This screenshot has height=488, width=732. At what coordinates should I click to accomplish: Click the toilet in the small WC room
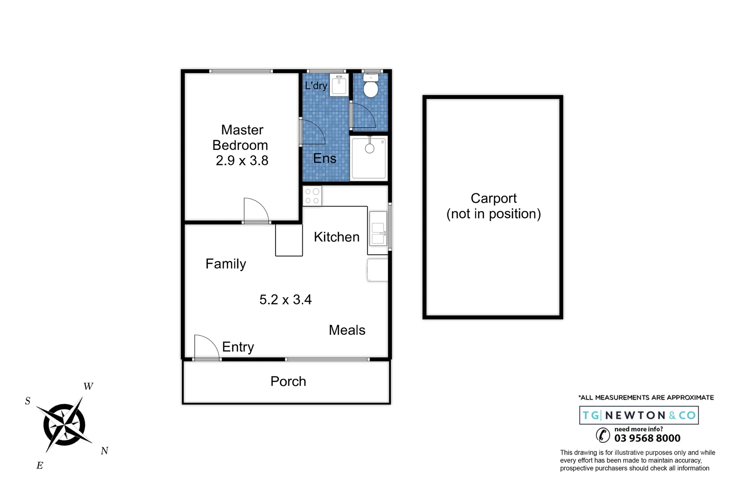pos(371,87)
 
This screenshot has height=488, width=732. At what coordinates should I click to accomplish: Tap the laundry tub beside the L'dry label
pos(339,85)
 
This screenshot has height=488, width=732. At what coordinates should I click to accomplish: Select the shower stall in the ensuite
pos(369,158)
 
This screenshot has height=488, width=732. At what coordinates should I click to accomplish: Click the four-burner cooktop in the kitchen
pos(312,196)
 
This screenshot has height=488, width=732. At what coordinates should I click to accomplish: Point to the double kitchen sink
pos(378,228)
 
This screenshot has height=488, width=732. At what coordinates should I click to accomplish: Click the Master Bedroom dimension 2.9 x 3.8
pos(242,160)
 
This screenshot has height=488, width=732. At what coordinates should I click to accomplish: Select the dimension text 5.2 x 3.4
pos(285,300)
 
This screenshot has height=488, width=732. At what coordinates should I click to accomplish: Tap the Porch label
pos(288,381)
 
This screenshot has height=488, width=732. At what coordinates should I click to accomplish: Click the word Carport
pos(493,198)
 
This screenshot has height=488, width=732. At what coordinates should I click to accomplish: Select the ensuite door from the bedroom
pos(312,132)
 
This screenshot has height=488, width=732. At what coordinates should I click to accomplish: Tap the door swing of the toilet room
pos(363,116)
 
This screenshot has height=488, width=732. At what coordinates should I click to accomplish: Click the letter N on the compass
pos(104,451)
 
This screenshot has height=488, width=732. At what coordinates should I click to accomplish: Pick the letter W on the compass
pos(88,386)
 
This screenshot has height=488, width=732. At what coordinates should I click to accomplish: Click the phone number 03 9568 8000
pos(647,438)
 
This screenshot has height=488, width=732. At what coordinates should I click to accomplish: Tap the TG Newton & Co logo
pos(638,415)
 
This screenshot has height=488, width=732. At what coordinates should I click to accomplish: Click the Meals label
pos(347,330)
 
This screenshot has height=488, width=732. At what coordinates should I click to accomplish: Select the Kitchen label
pos(336,237)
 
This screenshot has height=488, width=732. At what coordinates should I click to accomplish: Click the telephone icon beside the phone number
pos(603,435)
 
